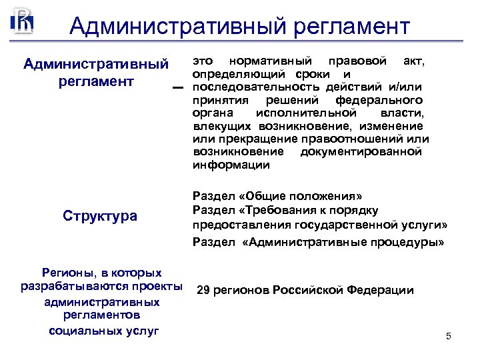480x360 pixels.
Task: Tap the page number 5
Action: pos(449,336)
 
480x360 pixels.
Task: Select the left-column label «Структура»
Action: pos(100,216)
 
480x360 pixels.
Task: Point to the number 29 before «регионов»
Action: pos(204,291)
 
